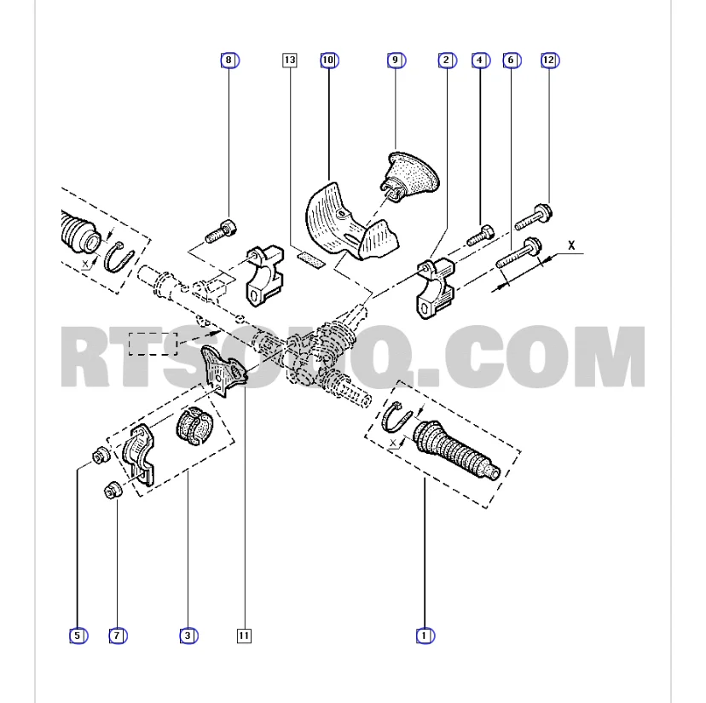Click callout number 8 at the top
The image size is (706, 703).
coord(229,60)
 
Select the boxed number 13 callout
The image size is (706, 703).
coord(290,60)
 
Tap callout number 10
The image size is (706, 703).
coord(329,60)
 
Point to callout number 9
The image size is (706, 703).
coord(396,60)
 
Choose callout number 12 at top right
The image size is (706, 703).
coord(550,60)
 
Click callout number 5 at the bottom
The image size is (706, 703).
coord(78,636)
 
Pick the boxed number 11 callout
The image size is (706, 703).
coord(244,636)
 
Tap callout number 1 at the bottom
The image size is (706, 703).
coord(425,636)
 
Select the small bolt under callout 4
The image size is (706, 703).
coord(480,235)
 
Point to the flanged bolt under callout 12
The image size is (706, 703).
coord(534,218)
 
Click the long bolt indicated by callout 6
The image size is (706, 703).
coord(518,253)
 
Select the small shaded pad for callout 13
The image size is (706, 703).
coord(310,260)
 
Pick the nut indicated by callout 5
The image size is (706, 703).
coord(101,455)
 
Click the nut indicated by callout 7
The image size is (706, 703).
coord(113,490)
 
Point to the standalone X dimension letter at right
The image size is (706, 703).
coord(571,246)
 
